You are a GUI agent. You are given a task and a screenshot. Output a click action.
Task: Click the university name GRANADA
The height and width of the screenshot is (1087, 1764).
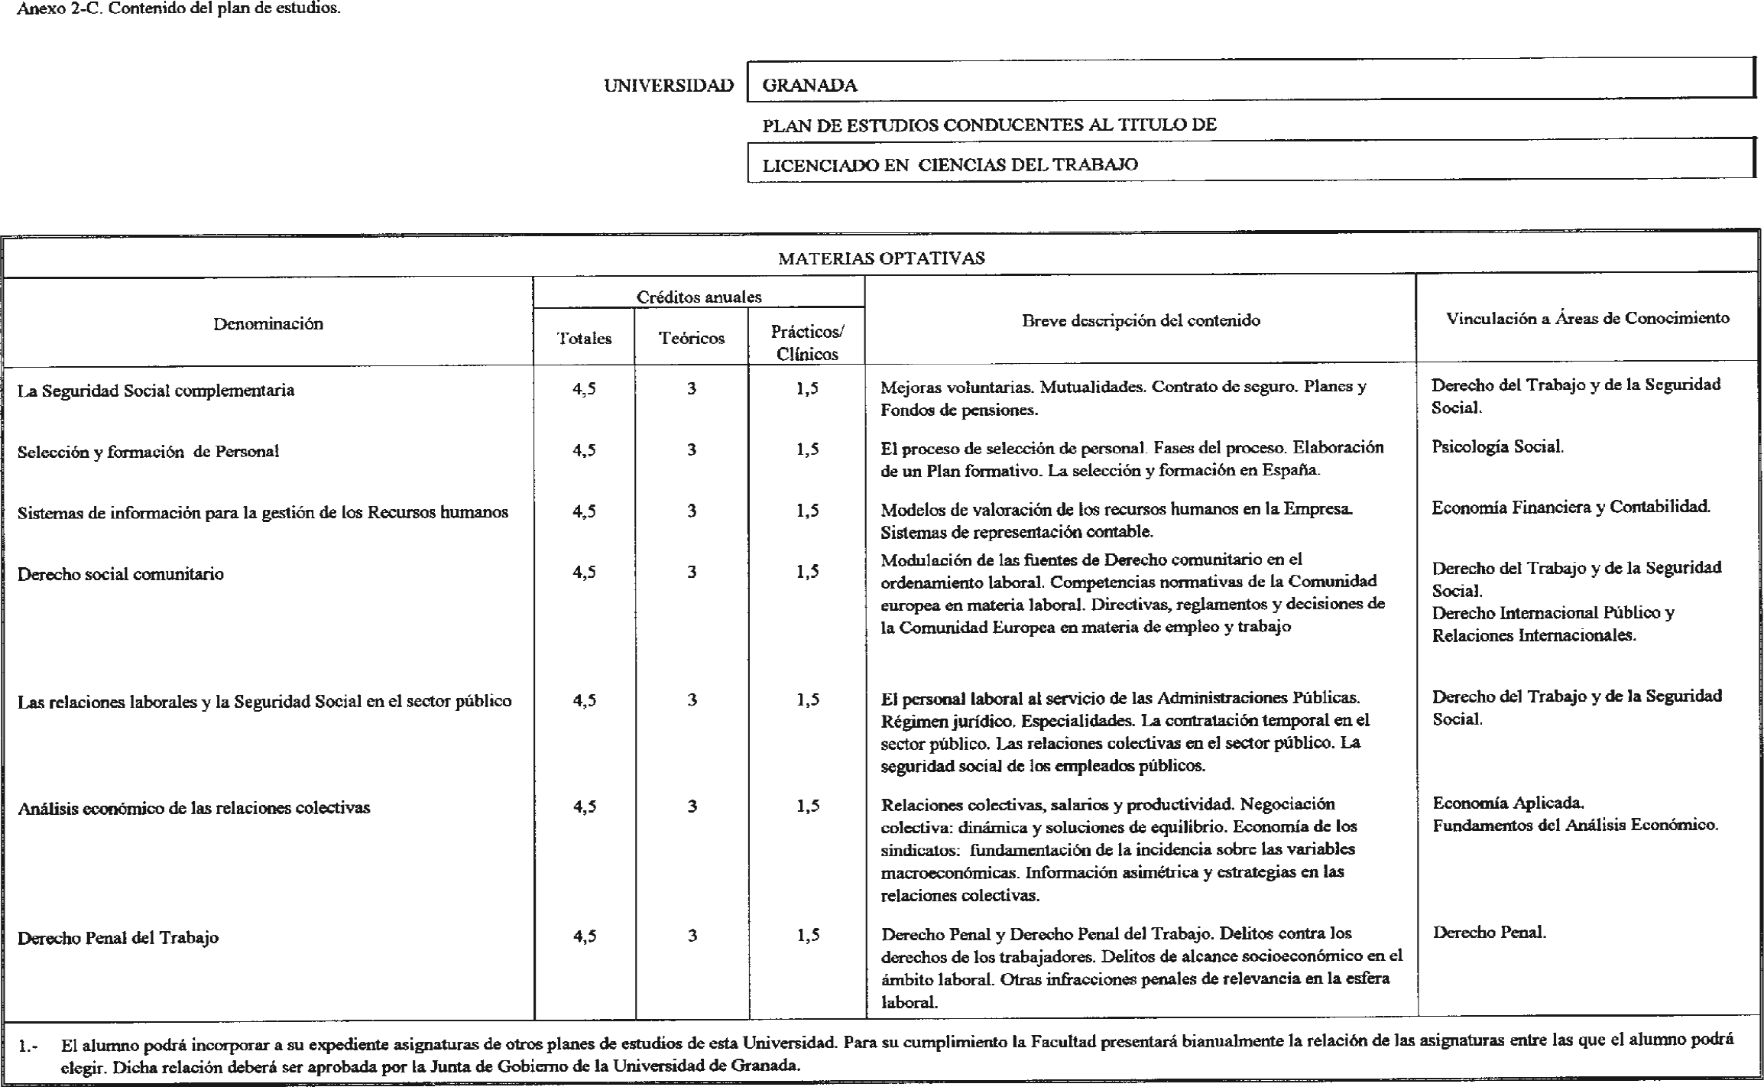809,86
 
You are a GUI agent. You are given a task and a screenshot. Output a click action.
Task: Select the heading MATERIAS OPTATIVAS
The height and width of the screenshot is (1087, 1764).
881,258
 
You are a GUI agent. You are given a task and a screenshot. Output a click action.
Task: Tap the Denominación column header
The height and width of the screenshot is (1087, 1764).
268,324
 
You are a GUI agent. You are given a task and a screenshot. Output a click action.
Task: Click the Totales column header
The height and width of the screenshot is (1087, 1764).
584,339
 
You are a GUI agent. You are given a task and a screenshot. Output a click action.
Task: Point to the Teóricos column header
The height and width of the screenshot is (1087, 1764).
692,339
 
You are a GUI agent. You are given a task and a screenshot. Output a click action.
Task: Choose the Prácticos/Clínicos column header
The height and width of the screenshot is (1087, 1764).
807,342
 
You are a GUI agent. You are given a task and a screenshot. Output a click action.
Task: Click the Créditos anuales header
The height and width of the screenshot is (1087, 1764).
699,297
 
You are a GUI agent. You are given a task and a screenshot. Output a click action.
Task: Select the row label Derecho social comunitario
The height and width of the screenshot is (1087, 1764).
121,574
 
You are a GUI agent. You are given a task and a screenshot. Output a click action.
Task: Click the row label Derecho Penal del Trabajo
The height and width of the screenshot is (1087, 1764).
118,938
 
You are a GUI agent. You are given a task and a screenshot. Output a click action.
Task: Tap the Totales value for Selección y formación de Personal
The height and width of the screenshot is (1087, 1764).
584,450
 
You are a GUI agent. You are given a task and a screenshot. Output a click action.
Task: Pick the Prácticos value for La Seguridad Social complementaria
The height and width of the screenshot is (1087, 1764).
807,388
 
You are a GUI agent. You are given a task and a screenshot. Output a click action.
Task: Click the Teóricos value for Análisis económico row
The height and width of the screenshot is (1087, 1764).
692,806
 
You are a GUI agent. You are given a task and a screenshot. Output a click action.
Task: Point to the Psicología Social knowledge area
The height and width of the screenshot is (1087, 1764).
1497,446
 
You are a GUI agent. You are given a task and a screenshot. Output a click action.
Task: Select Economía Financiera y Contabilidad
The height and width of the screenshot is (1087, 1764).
1571,507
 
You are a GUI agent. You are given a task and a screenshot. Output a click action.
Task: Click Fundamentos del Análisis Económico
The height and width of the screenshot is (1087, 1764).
1575,825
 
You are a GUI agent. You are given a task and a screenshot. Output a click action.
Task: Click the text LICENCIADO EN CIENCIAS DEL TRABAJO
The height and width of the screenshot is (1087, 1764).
950,164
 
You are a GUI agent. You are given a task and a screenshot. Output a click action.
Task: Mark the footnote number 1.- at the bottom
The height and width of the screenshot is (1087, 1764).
28,1046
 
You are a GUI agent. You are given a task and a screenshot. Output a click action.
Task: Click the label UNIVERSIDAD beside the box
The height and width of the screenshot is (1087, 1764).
668,86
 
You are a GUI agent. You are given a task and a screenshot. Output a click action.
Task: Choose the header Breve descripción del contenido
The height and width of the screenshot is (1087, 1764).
1140,321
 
